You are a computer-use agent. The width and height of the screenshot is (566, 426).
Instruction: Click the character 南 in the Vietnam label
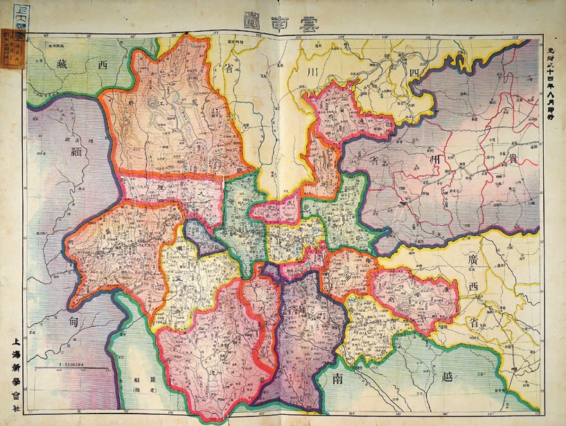click(337, 380)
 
